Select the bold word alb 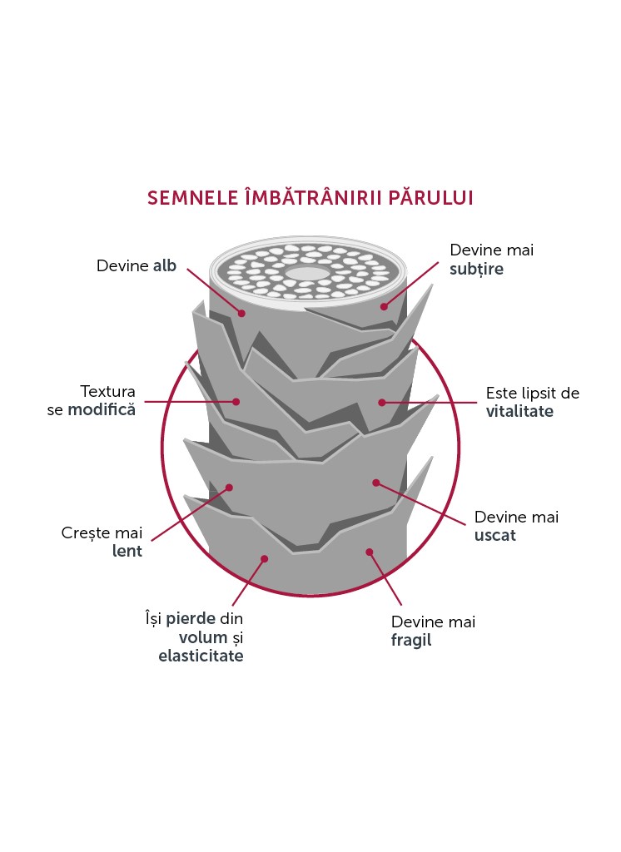[165, 265]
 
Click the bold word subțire [476, 269]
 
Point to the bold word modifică [102, 409]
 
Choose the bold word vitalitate [519, 411]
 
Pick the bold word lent [127, 551]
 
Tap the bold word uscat [494, 535]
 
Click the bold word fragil [411, 640]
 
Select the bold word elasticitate [201, 656]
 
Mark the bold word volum [203, 637]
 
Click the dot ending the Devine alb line [241, 313]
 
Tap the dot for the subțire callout [384, 306]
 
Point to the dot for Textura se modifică [236, 402]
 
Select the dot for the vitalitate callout [382, 403]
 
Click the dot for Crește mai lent [229, 488]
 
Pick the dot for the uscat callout [375, 483]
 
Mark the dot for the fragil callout [370, 552]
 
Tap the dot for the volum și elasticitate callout [264, 558]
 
